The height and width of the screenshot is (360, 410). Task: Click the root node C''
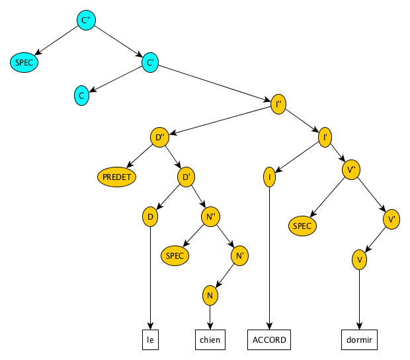pos(86,20)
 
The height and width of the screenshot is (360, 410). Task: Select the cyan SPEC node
pos(24,62)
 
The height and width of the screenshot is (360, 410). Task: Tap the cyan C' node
pos(150,62)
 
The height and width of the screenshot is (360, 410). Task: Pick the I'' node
pos(278,104)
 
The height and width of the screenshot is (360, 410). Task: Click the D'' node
pos(159,137)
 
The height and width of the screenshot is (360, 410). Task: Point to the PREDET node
pos(116,177)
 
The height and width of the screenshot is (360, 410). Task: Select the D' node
pos(186,177)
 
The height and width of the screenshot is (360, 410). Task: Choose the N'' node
pos(210,216)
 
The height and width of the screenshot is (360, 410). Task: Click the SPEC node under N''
pos(175,255)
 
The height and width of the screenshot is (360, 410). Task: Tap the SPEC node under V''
pos(302,226)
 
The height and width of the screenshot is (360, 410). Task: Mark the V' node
pos(391,219)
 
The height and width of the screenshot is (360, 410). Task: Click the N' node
pos(240,255)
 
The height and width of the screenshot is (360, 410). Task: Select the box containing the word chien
pos(210,339)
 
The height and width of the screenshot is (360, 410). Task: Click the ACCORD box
pos(269,339)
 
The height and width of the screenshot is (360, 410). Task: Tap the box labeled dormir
pos(359,339)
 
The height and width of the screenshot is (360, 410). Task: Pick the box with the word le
pos(150,339)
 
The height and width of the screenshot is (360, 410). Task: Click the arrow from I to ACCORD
pos(269,258)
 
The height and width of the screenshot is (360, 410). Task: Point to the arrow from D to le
pos(150,278)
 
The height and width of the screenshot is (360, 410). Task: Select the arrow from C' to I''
pos(214,83)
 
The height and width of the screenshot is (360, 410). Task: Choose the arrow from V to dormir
pos(359,300)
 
